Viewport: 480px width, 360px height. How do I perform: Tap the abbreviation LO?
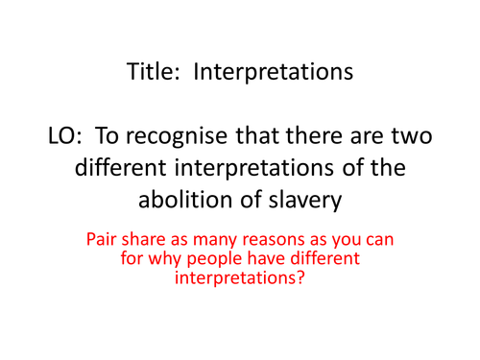[64, 137]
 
